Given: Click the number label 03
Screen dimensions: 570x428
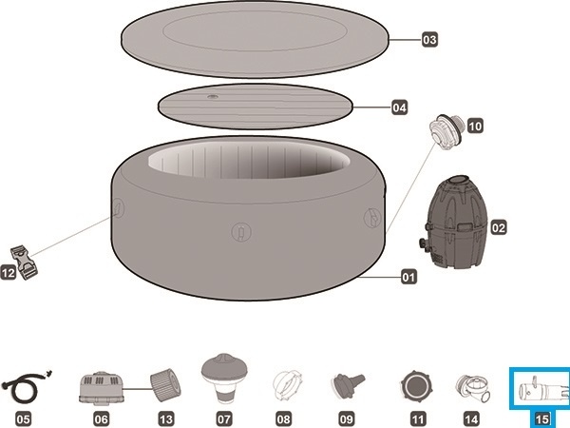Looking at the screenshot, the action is point(429,39).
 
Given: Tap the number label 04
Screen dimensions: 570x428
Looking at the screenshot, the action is point(399,107).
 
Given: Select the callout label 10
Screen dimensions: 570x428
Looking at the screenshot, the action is point(475,126).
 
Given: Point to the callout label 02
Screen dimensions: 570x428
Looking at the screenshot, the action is point(499,228).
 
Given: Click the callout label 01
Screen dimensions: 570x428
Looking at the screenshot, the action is point(408,278).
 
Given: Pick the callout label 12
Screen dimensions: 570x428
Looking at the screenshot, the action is point(9,272).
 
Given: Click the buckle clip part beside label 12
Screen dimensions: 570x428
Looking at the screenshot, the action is point(24,263).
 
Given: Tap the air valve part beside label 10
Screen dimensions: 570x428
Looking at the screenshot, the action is point(446,131).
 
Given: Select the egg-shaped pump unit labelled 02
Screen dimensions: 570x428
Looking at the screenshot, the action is point(452,222).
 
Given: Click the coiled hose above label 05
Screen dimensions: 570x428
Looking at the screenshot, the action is point(27,386).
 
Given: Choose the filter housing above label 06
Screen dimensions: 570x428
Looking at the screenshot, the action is point(101,389).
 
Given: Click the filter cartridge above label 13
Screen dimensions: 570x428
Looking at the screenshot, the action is point(165,385).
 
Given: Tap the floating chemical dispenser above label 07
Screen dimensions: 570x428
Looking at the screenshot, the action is point(224,378).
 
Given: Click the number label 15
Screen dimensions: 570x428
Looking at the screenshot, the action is point(541,419).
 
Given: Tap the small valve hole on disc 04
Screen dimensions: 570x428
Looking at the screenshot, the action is point(213,97).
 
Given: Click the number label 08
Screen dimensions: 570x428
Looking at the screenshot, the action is point(284,419).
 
